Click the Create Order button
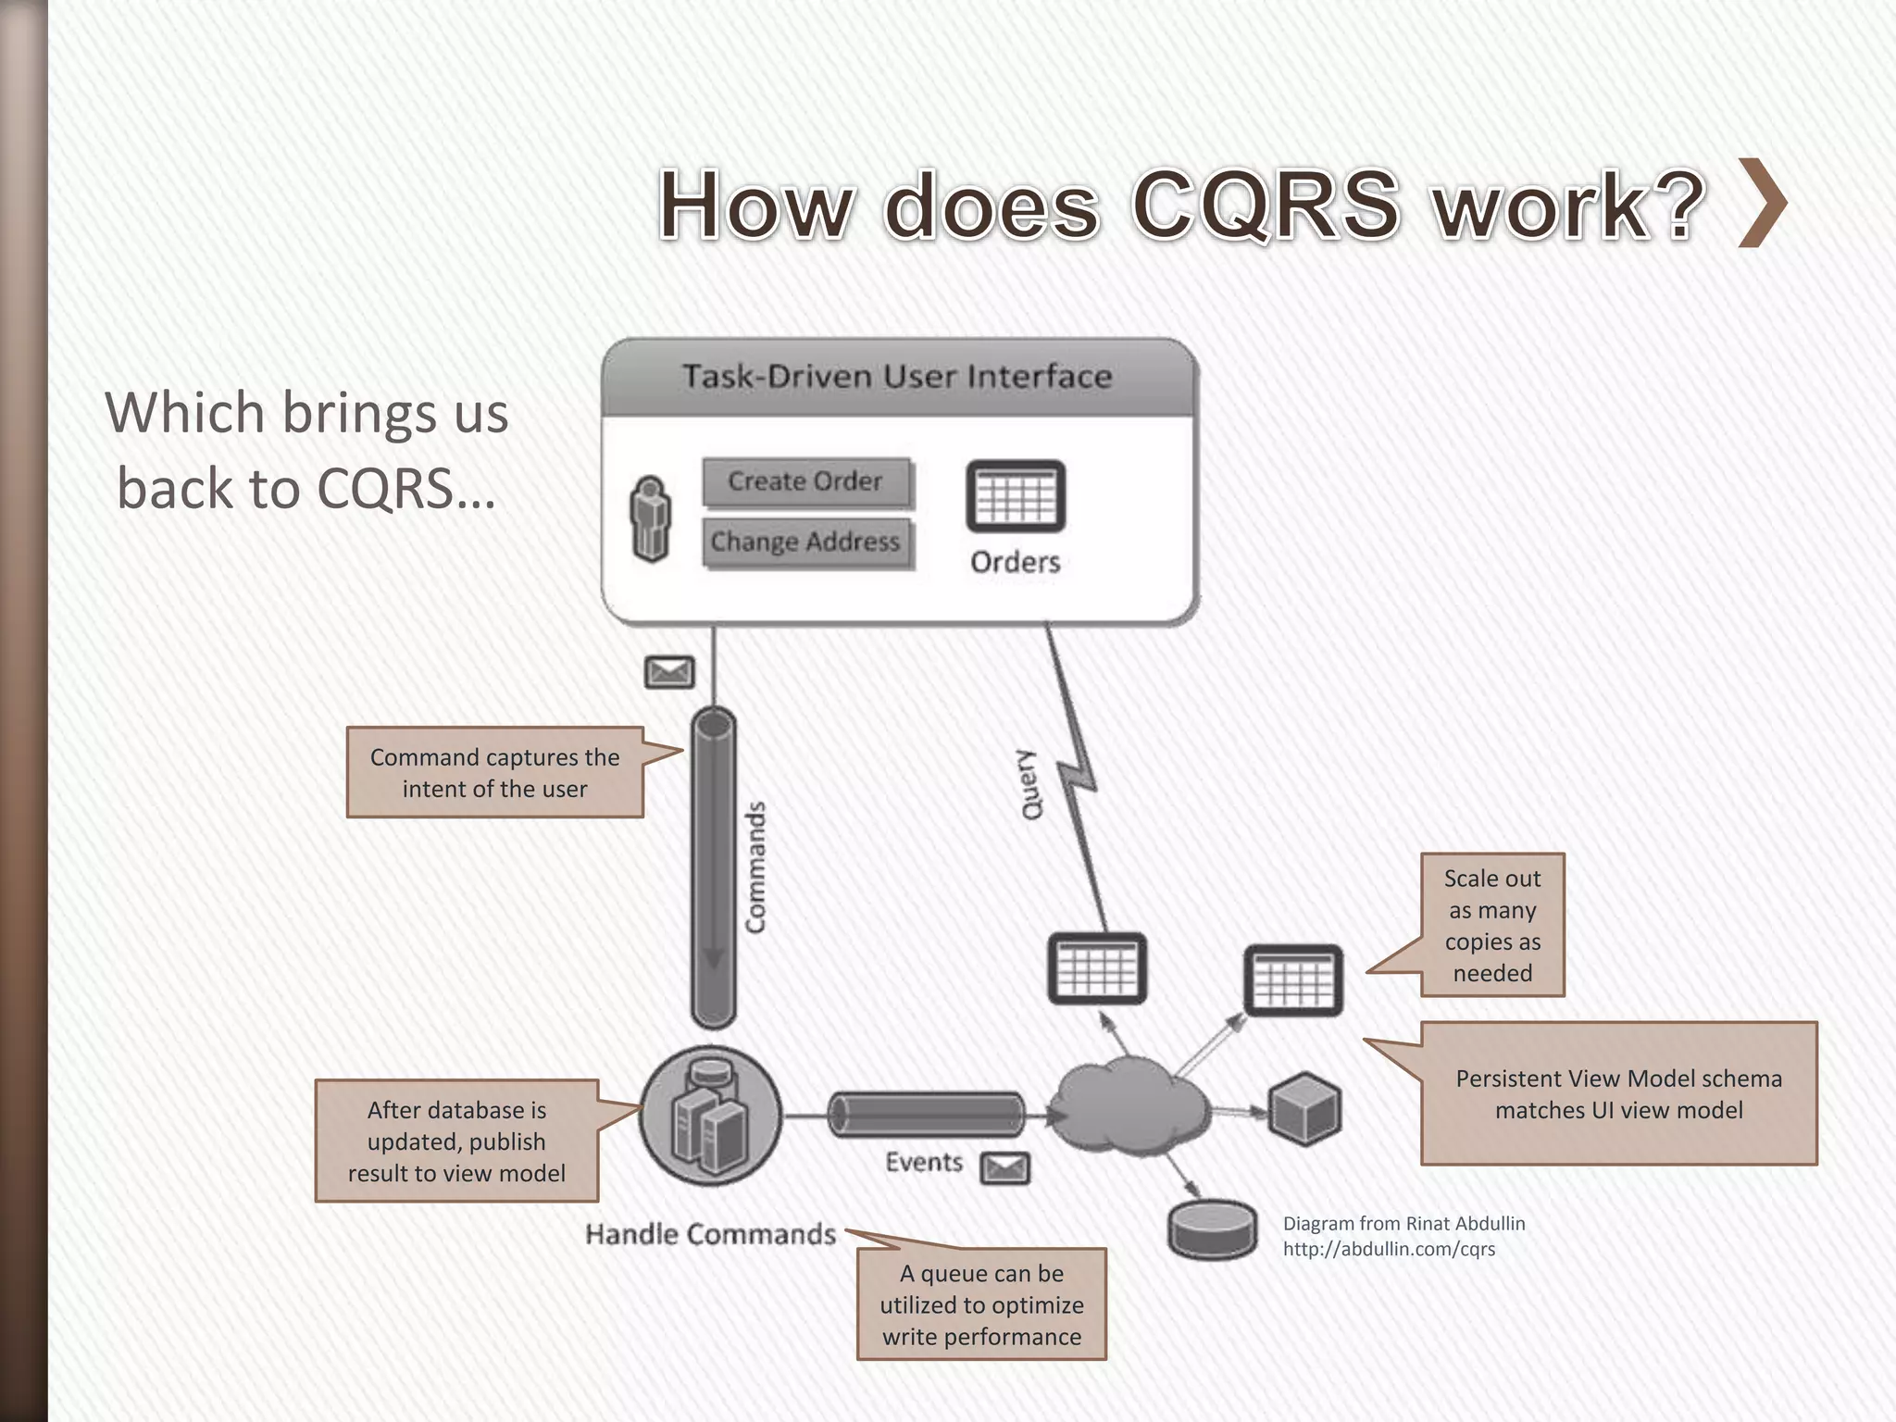point(805,482)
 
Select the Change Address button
point(805,542)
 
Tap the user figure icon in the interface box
point(651,519)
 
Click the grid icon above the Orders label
point(1016,497)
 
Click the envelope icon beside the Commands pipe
point(669,672)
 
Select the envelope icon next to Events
point(1005,1168)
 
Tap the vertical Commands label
point(756,867)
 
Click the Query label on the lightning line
point(1030,784)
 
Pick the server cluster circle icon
point(711,1116)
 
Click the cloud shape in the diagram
point(1131,1107)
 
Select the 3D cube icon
point(1305,1109)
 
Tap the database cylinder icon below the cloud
point(1213,1230)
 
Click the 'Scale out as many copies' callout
point(1492,925)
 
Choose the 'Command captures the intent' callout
point(495,773)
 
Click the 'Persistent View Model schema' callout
point(1618,1094)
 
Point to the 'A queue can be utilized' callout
point(981,1304)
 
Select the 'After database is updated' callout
point(456,1141)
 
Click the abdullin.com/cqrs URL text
point(1389,1249)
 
